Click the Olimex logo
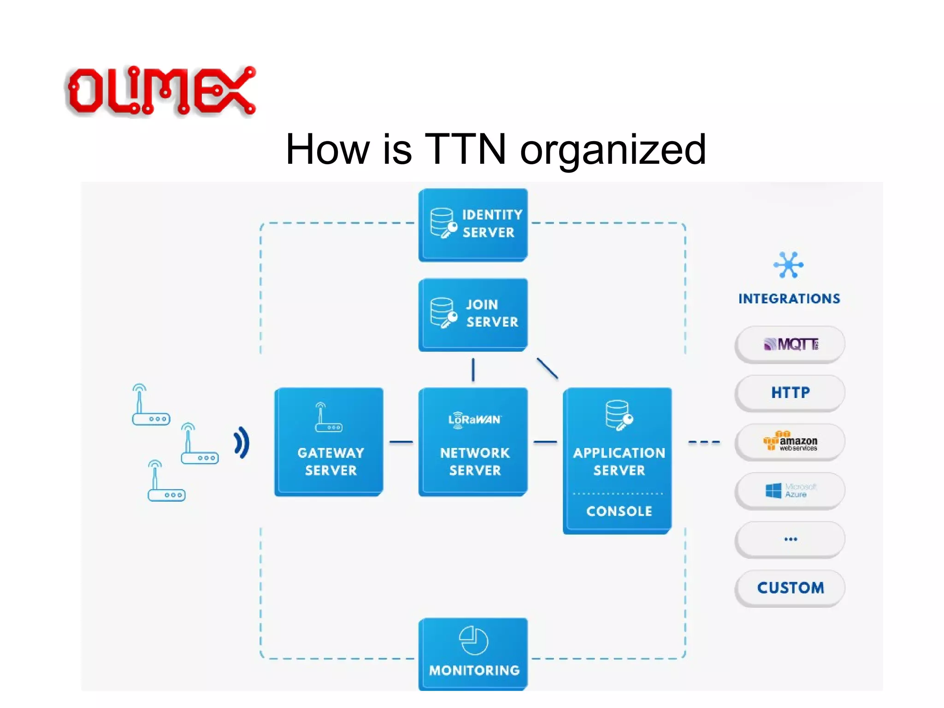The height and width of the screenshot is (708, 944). pyautogui.click(x=160, y=90)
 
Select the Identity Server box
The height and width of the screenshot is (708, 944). pyautogui.click(x=473, y=224)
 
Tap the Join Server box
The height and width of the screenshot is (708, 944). pyautogui.click(x=473, y=314)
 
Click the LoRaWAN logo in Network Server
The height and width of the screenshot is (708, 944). pyautogui.click(x=474, y=420)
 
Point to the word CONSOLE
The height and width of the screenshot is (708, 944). pyautogui.click(x=619, y=511)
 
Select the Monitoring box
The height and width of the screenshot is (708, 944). pyautogui.click(x=473, y=654)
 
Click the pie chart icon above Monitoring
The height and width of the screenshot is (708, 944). pyautogui.click(x=473, y=640)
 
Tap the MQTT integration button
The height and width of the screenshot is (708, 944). pyautogui.click(x=790, y=344)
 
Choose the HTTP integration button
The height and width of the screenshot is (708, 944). pyautogui.click(x=790, y=393)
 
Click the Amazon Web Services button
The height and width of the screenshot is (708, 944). pyautogui.click(x=790, y=442)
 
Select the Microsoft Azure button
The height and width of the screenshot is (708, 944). pyautogui.click(x=790, y=490)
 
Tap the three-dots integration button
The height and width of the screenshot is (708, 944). pyautogui.click(x=790, y=539)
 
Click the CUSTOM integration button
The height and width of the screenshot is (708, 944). pyautogui.click(x=790, y=588)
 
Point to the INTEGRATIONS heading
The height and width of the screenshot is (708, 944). pyautogui.click(x=789, y=299)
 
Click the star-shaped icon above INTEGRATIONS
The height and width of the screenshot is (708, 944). pyautogui.click(x=788, y=265)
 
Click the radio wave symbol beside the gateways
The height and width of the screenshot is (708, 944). pyautogui.click(x=242, y=443)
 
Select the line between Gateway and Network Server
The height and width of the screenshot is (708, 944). pyautogui.click(x=401, y=442)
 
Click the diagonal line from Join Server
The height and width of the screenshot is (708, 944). pyautogui.click(x=547, y=368)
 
